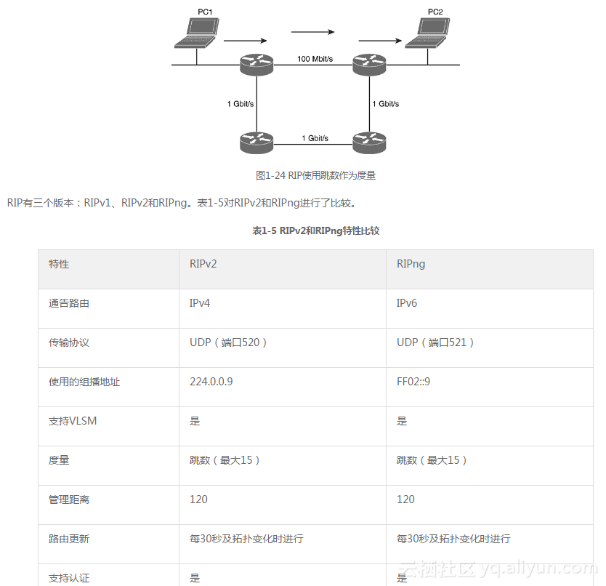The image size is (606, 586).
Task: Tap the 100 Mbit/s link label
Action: click(315, 59)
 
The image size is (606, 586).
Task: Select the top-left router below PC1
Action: click(256, 66)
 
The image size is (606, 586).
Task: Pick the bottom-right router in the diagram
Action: click(368, 143)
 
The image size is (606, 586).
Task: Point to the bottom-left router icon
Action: click(256, 143)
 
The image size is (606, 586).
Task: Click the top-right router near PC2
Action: click(368, 66)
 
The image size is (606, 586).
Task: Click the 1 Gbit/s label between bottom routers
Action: click(315, 137)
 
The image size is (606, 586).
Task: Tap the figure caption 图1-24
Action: click(315, 175)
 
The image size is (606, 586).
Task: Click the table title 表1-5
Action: click(315, 230)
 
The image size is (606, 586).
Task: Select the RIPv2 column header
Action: click(198, 264)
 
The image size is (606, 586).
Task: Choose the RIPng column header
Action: click(411, 264)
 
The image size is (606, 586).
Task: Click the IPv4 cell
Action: click(195, 303)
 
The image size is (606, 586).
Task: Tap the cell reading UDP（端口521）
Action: click(435, 342)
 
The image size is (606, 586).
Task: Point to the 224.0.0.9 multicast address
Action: click(211, 382)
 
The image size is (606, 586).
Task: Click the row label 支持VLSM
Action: click(73, 421)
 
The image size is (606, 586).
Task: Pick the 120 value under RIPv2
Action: click(198, 499)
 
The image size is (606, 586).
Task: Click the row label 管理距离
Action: click(69, 499)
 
